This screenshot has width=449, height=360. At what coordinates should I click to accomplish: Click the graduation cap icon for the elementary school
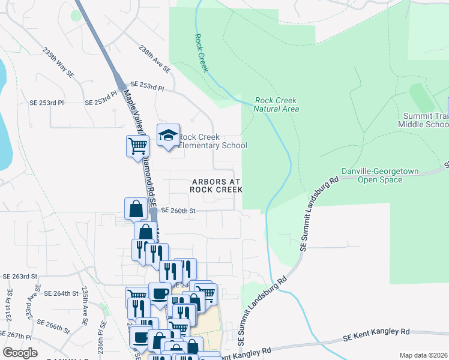169,135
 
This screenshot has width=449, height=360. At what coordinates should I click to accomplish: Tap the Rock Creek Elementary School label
212,141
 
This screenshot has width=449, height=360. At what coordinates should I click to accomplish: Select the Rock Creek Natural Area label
276,105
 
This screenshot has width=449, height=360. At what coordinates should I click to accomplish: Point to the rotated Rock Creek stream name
200,53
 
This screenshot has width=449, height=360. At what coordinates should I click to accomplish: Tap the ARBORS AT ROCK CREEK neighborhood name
216,185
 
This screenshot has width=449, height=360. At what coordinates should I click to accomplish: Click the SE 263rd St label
20,277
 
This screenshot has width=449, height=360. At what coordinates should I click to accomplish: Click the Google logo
20,353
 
